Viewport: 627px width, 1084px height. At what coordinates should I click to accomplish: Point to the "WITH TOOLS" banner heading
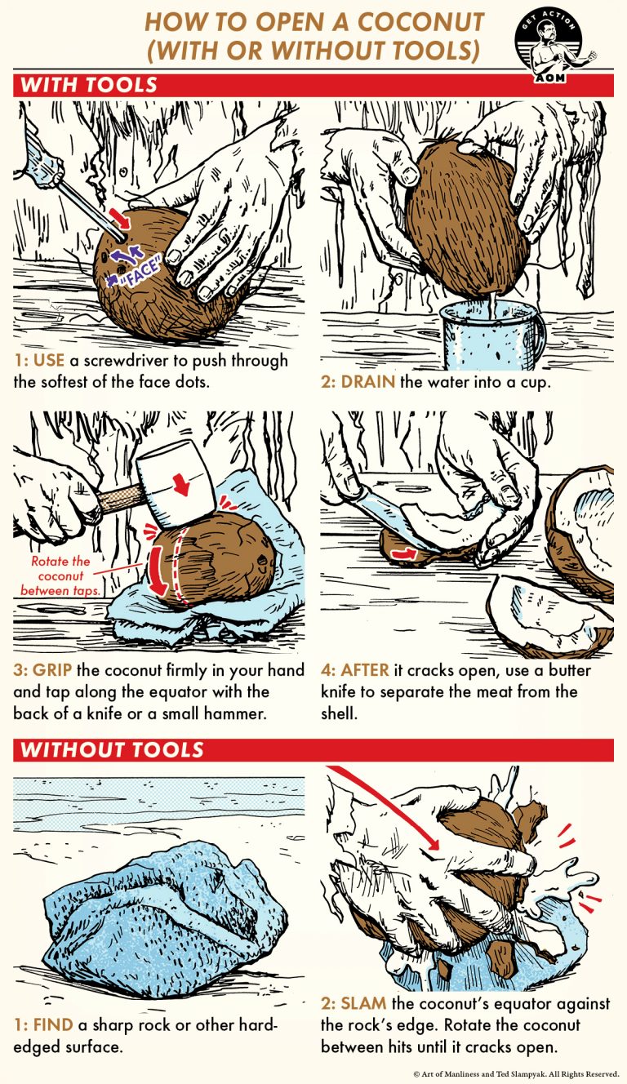[x=89, y=85]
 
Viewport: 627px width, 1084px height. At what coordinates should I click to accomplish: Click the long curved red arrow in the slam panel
[x=384, y=804]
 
